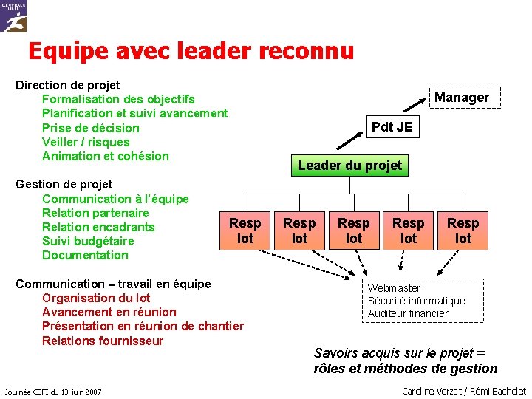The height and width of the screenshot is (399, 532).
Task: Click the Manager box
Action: click(x=461, y=98)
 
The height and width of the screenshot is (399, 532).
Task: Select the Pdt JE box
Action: click(x=392, y=127)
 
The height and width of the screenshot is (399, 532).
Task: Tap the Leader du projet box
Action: click(x=349, y=166)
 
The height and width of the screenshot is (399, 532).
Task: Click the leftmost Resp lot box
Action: click(x=245, y=231)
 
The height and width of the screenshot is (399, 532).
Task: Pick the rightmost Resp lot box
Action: click(x=463, y=231)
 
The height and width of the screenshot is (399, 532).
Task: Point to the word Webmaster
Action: click(x=395, y=288)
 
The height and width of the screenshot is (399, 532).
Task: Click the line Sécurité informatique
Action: click(x=416, y=301)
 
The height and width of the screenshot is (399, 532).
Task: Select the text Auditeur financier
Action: click(x=408, y=313)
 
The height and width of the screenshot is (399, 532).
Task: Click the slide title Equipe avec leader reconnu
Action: click(x=191, y=51)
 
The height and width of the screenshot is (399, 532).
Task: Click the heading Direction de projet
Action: click(x=68, y=85)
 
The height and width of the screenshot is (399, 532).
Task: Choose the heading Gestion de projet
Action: click(x=64, y=184)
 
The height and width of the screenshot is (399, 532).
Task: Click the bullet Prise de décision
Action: click(x=90, y=128)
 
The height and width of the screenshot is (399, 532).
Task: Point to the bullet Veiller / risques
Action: click(x=86, y=142)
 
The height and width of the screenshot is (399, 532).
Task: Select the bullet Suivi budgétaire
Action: click(x=88, y=241)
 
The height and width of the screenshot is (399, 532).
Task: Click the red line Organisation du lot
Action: click(x=96, y=298)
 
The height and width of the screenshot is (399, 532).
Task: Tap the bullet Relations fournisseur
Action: click(x=103, y=341)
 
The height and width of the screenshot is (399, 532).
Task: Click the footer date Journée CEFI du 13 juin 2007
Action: click(x=52, y=391)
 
